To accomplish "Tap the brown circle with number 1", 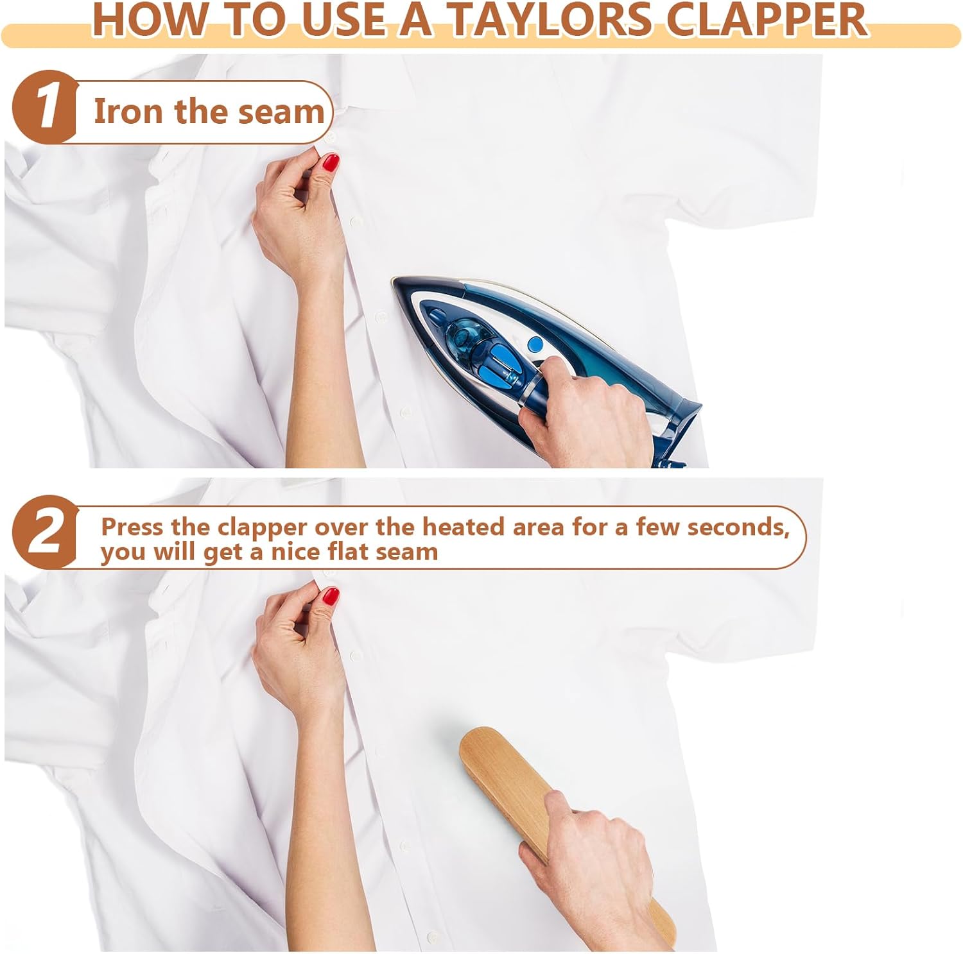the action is (x=44, y=106).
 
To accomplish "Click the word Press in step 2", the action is (x=132, y=527).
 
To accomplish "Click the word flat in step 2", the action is (x=347, y=551).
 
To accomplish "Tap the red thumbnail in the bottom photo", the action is (x=331, y=597).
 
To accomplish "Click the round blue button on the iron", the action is (x=534, y=345).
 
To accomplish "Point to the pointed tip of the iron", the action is (x=394, y=280).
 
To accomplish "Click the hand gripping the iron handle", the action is (x=584, y=409).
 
